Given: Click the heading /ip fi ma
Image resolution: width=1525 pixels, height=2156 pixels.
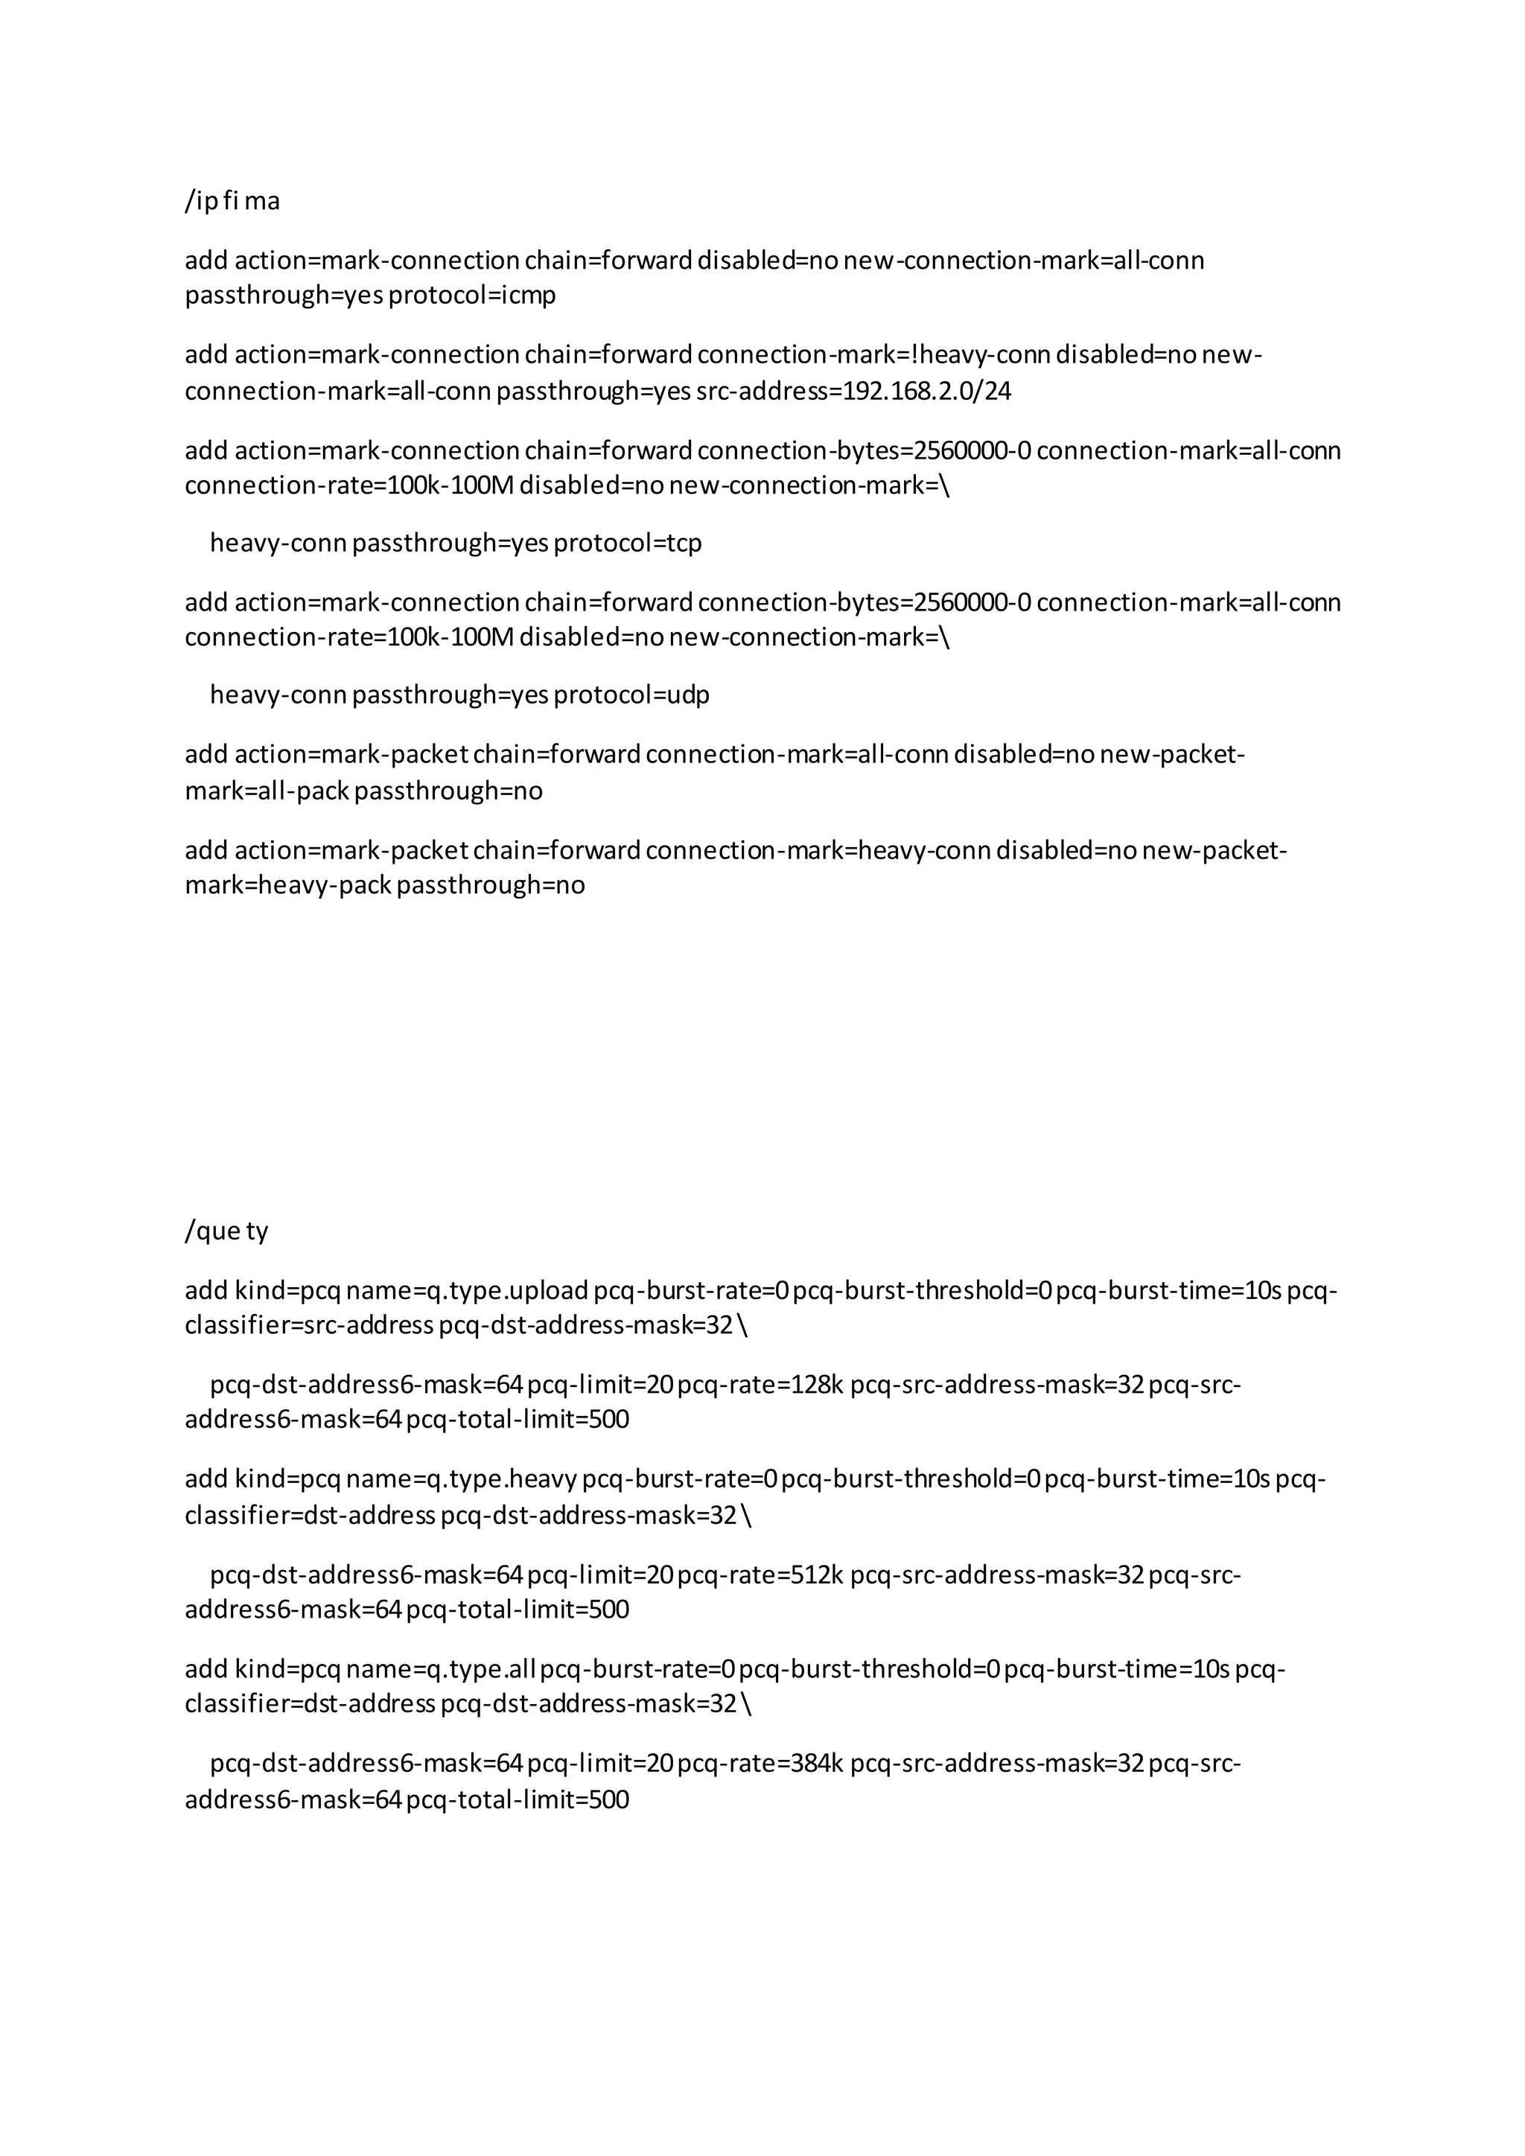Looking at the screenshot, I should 232,202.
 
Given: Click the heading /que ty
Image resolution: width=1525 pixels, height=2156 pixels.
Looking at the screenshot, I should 226,1231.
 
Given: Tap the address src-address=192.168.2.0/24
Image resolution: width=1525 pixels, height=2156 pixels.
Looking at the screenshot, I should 853,392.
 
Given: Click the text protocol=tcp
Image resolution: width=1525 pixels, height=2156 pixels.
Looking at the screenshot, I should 627,543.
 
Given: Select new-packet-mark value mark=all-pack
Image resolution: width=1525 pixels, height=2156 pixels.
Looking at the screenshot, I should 267,791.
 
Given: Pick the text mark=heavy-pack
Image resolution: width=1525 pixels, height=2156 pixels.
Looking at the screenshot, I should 287,885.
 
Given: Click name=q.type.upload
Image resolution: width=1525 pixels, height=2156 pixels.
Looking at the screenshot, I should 467,1291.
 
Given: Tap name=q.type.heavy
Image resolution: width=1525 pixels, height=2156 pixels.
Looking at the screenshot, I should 461,1480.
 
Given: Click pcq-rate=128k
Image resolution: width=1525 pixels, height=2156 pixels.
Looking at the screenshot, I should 760,1385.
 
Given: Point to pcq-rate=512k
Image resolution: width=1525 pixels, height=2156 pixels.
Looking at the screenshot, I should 760,1575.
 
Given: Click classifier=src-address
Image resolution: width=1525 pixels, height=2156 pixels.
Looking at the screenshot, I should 309,1326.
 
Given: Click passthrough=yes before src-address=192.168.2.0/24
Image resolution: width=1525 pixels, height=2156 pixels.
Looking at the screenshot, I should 593,392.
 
